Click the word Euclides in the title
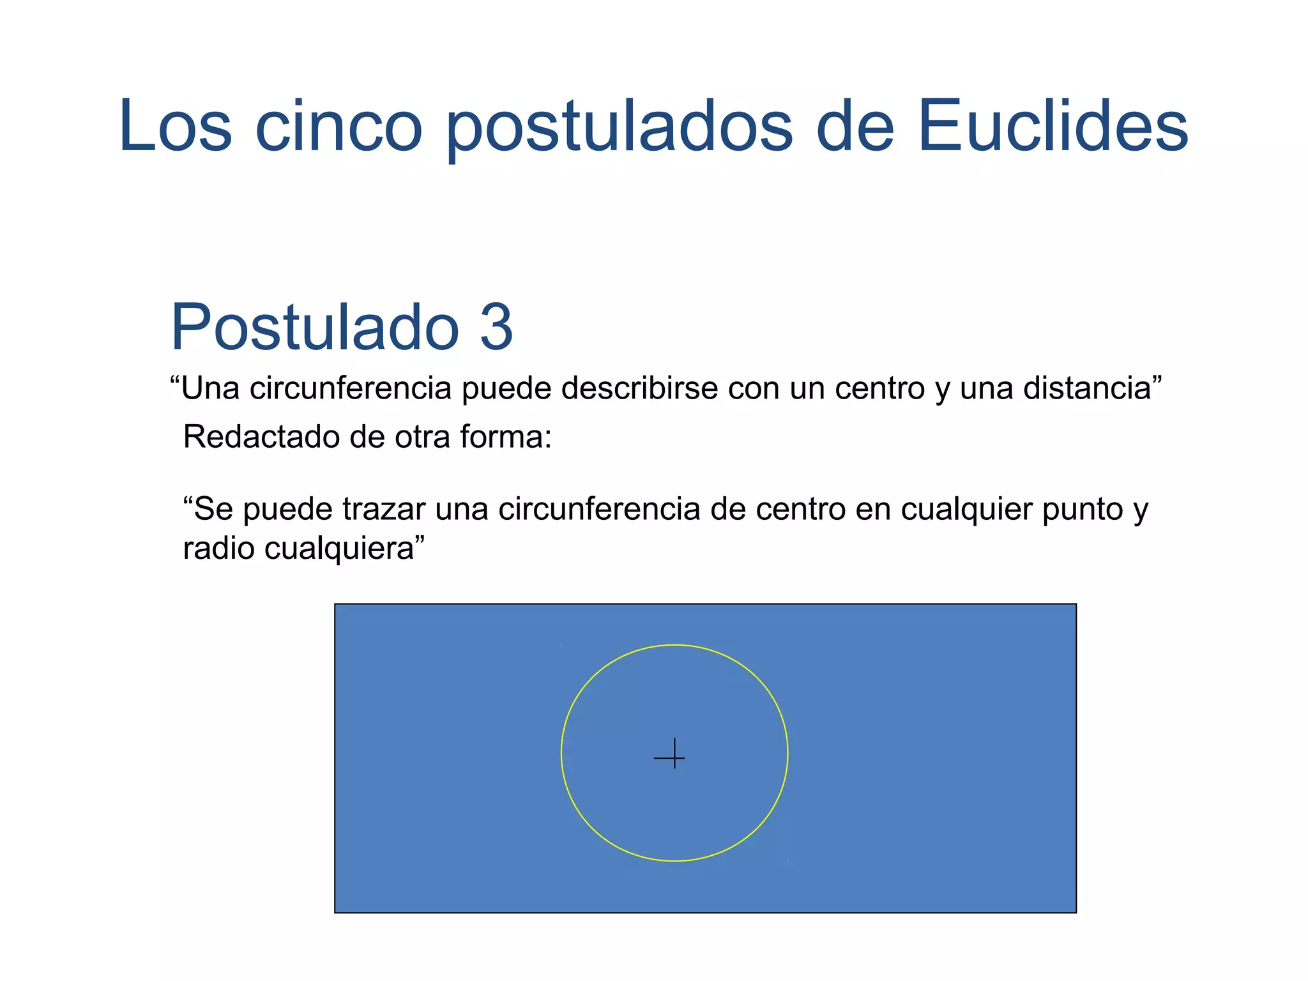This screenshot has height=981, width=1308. [1053, 126]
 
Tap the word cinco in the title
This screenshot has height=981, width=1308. [338, 126]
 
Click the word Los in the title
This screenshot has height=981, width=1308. [175, 126]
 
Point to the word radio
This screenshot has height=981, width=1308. [219, 548]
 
